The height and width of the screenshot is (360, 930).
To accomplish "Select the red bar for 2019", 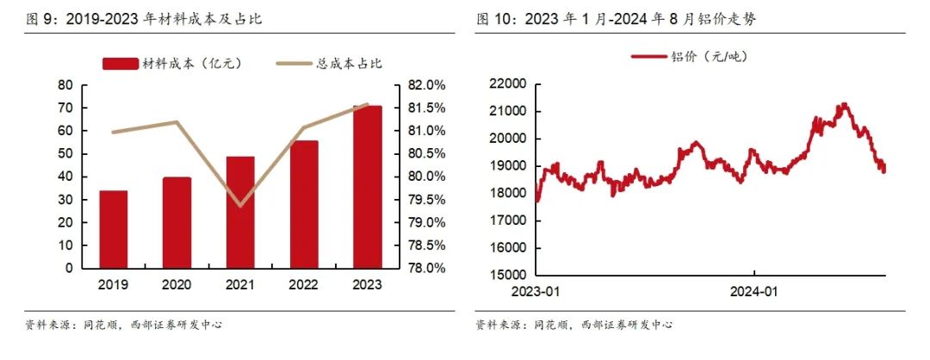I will tap(114, 229).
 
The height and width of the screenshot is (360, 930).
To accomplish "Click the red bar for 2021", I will tap(240, 212).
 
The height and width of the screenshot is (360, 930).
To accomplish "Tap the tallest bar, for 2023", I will tap(367, 187).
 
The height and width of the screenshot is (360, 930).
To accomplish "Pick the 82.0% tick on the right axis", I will tap(424, 85).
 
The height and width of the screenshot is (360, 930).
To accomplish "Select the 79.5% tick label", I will tap(424, 200).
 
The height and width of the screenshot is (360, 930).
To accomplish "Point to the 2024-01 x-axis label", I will tap(754, 292).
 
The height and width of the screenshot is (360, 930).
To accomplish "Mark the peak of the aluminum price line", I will tap(844, 104).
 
